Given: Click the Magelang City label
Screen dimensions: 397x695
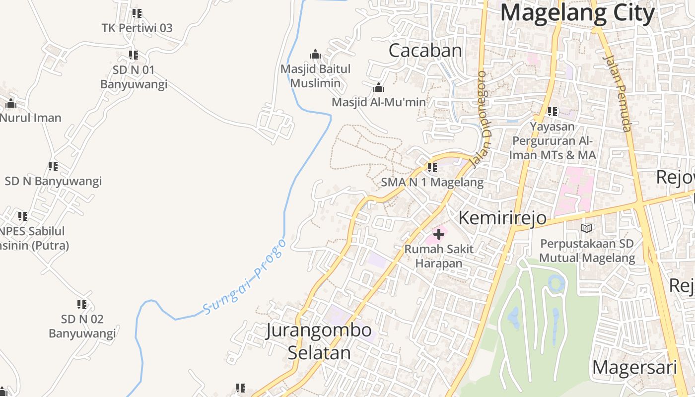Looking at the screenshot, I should pos(577,13).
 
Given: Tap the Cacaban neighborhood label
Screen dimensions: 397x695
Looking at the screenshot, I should pos(425,51).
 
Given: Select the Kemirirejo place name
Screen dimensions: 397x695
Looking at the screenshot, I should pos(502,218).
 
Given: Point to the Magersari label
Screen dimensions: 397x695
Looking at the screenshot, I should pos(634,368).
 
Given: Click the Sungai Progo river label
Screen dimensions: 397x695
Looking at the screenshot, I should pos(245,277).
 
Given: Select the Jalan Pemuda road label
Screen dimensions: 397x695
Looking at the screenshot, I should pos(617,93).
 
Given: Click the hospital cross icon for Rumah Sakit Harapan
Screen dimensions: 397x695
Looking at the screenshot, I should pos(439,234).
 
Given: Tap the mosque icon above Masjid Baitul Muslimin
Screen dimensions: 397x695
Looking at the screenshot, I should pos(315,54).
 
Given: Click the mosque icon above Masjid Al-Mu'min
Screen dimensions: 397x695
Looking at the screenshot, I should pos(378,88).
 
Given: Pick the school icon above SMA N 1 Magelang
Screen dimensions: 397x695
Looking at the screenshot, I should pos(432,168).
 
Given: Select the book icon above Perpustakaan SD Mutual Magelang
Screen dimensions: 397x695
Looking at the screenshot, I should pos(587,228).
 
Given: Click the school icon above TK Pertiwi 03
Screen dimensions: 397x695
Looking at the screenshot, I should pos(137,13).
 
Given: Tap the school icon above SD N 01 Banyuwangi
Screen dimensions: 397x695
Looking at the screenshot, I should pos(134,55).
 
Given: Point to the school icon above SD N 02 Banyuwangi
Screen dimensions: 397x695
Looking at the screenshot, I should pos(82,304).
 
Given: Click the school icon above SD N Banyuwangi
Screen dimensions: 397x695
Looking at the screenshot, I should pos(53,166).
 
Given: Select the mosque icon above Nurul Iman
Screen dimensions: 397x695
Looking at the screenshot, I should pos(11,104).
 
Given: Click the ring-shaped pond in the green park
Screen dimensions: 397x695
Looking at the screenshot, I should pos(556,283).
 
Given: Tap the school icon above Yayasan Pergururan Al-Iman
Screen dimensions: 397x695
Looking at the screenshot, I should pos(552,112).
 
